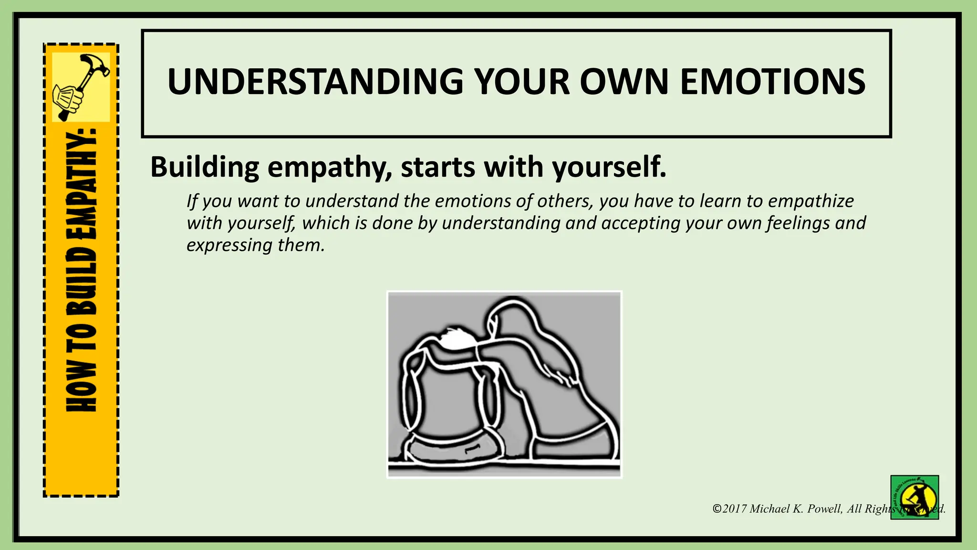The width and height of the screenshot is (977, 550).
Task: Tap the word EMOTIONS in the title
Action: tap(772, 82)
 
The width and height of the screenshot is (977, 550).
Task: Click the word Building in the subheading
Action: tap(205, 167)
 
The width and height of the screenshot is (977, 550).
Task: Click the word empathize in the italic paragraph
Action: tap(811, 201)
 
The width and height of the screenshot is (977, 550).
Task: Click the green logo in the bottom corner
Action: tap(915, 497)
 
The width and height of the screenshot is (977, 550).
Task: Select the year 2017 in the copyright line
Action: tap(734, 509)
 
